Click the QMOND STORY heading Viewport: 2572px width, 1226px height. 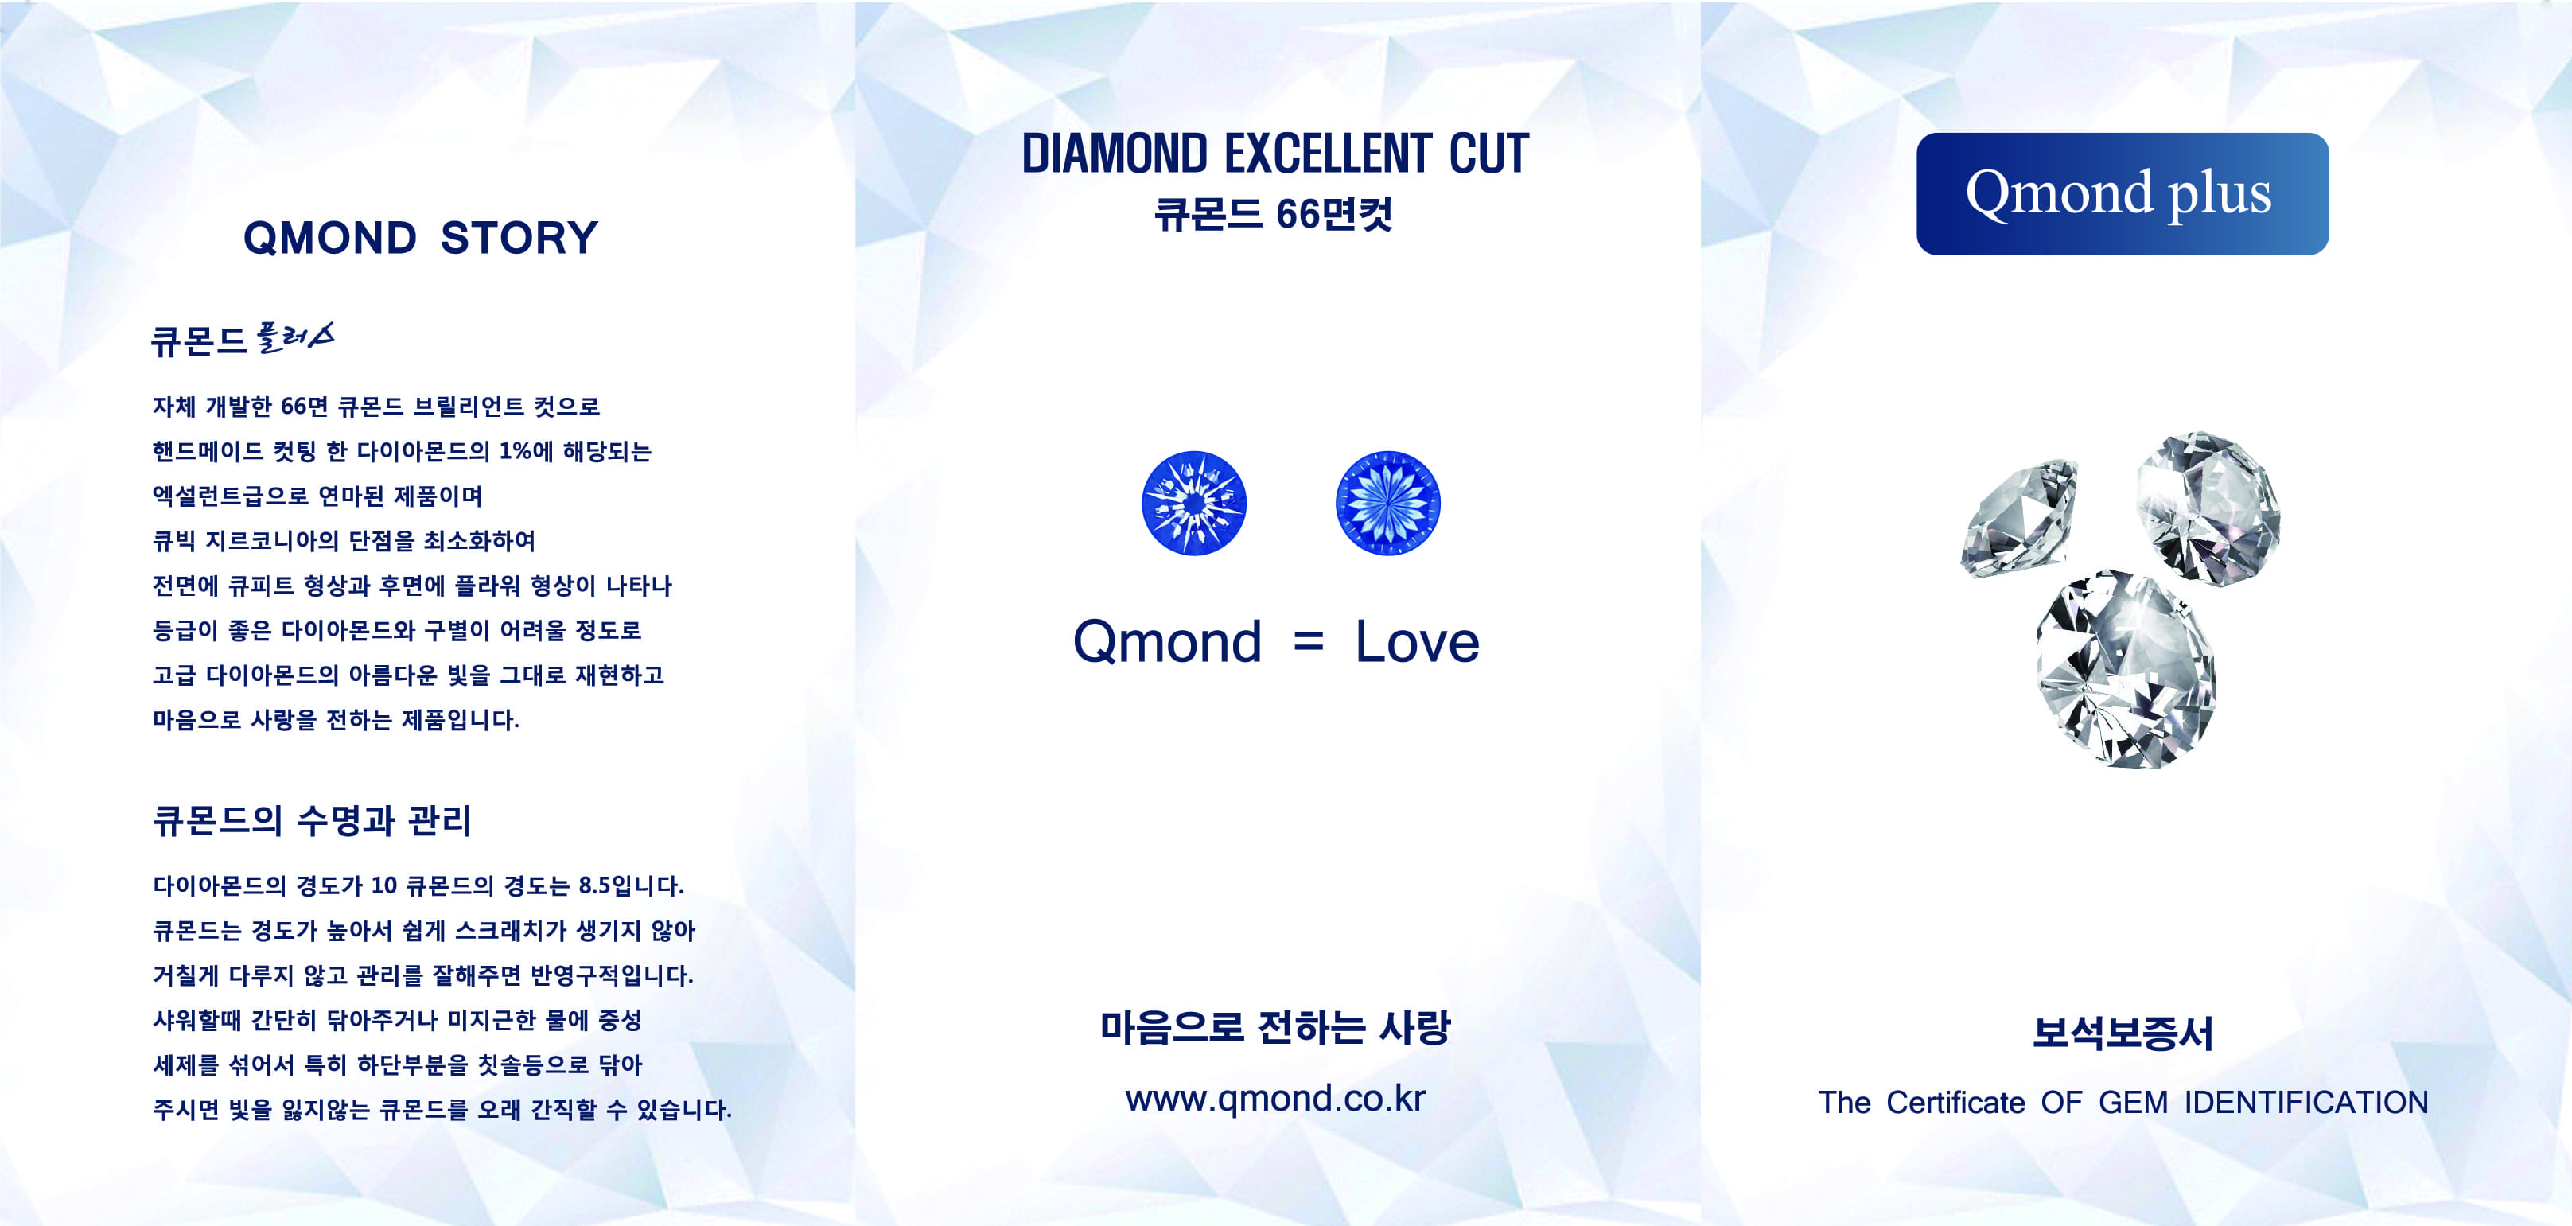(x=420, y=238)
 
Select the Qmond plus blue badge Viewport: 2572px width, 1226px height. (x=2122, y=193)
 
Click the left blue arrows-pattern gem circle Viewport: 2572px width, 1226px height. (x=1193, y=503)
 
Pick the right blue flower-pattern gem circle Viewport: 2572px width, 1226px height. (x=1388, y=503)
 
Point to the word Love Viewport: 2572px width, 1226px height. (x=1417, y=642)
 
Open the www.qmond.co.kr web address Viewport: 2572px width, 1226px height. (x=1275, y=1098)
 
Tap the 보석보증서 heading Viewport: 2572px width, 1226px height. (x=2123, y=1033)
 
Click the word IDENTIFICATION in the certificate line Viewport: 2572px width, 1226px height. (x=2306, y=1102)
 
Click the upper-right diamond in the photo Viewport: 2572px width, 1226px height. (x=2208, y=508)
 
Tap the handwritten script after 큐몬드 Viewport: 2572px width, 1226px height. (x=294, y=337)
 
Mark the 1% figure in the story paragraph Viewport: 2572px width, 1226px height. (x=516, y=451)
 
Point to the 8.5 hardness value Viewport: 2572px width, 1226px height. (x=594, y=885)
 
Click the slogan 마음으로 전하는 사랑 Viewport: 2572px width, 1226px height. (x=1275, y=1027)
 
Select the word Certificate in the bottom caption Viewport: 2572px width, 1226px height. (x=1955, y=1102)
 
